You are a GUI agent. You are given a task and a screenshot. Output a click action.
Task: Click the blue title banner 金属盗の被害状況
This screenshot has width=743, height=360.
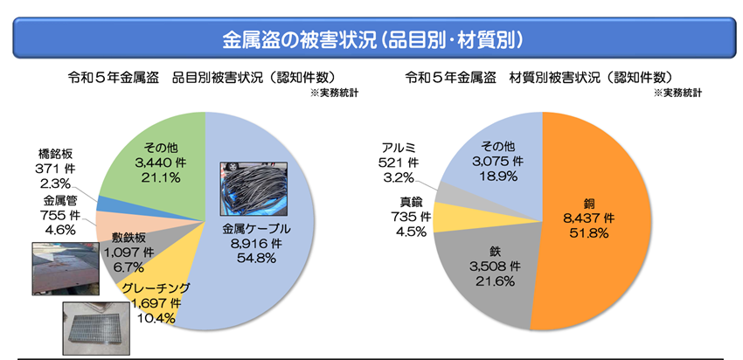[x=371, y=39]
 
